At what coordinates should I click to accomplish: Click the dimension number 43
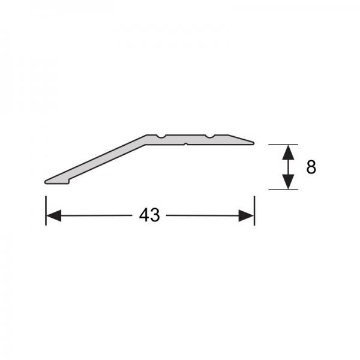149,215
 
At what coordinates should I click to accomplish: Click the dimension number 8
311,167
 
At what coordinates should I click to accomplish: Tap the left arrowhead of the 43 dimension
54,215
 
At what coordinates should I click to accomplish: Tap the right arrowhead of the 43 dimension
246,215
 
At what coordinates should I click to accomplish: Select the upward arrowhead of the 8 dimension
288,152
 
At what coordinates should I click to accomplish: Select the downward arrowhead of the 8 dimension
288,182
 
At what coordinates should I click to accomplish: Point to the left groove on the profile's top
161,136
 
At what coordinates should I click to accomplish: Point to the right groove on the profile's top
209,136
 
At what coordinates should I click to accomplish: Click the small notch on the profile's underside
186,144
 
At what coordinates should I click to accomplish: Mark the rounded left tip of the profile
46,182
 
